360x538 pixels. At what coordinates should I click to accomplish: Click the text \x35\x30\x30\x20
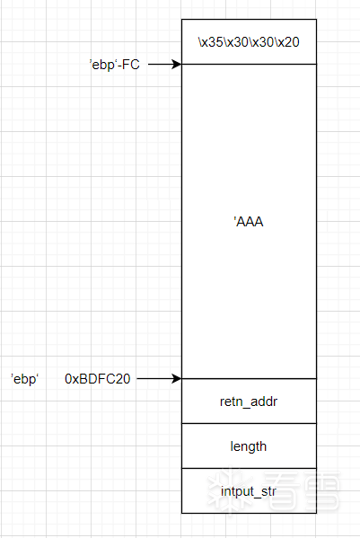point(249,42)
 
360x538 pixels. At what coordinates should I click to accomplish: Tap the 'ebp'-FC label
point(115,64)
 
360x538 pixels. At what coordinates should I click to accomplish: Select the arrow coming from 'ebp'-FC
point(164,64)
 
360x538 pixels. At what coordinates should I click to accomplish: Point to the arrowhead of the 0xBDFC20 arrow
point(177,378)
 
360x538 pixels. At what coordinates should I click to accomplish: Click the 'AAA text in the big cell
point(249,222)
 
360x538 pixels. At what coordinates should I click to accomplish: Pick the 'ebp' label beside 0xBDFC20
point(24,379)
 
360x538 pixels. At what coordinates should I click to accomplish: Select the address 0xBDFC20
point(98,379)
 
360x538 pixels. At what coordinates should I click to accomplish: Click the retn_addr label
point(249,401)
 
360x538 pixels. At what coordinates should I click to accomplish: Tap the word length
point(248,446)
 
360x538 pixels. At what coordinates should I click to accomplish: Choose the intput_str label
point(248,491)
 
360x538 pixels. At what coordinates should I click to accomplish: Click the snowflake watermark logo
point(231,491)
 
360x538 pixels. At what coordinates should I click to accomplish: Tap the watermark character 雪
point(321,491)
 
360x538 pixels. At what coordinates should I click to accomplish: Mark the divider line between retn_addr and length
point(249,423)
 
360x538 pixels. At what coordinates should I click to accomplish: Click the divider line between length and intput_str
point(249,468)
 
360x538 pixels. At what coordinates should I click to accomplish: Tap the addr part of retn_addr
point(264,401)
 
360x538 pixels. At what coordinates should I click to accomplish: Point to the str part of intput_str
point(268,491)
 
